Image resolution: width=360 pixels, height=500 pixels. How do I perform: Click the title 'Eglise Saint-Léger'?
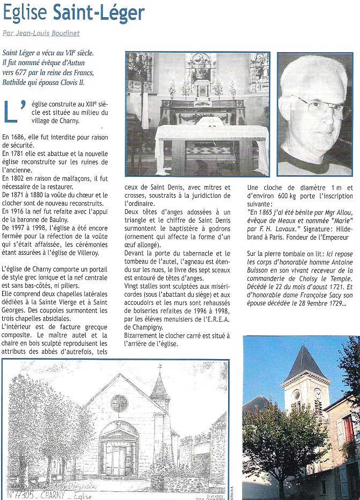coord(74,13)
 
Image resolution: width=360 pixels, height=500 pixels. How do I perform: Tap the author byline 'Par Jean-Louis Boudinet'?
coord(41,33)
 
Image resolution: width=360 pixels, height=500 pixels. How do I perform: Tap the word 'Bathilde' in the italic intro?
coord(16,83)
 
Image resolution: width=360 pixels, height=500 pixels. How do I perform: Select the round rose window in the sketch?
coord(119,403)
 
